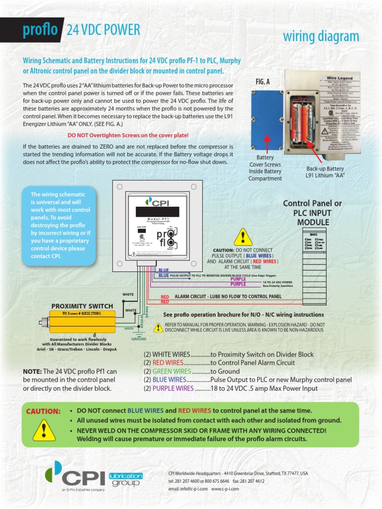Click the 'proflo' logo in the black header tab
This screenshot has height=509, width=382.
40,30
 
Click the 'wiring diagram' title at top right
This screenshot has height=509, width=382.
321,36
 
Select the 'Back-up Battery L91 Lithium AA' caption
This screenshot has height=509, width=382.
325,172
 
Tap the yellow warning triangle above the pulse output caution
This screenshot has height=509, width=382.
243,237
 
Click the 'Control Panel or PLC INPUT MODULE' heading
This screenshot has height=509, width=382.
312,213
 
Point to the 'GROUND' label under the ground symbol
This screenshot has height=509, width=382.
139,339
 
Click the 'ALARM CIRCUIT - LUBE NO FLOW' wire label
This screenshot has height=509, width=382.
228,296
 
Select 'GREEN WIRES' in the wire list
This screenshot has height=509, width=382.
172,371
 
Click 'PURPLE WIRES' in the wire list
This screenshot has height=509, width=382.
173,388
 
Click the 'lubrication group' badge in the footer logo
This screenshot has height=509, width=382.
125,479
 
